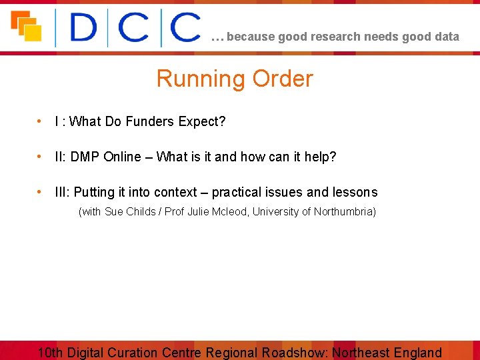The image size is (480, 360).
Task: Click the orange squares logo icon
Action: click(26, 26)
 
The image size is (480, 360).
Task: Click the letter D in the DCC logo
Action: click(83, 29)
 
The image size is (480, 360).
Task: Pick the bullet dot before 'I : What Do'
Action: click(41, 121)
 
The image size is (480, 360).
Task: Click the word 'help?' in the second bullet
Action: click(321, 157)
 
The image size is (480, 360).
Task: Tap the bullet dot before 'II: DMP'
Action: click(41, 157)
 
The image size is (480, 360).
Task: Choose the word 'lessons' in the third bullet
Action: click(355, 192)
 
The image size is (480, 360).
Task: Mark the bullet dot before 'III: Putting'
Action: click(41, 192)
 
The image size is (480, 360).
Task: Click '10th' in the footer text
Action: click(51, 353)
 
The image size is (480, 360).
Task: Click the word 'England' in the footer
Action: click(417, 353)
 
